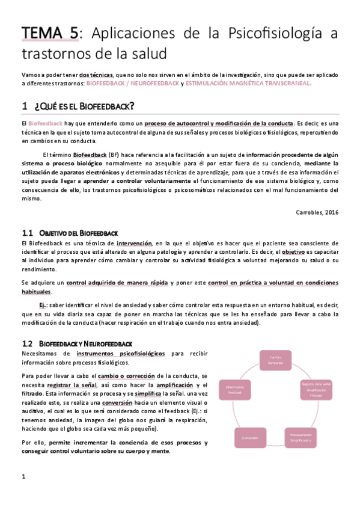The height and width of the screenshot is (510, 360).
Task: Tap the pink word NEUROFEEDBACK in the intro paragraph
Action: pos(154,83)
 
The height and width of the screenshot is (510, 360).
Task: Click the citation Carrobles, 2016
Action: pos(318,212)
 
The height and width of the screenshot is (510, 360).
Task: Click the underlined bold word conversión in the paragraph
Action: pos(117,402)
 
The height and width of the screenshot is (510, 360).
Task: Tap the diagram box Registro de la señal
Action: pos(316,389)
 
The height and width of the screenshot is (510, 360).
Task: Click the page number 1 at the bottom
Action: pos(23,477)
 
